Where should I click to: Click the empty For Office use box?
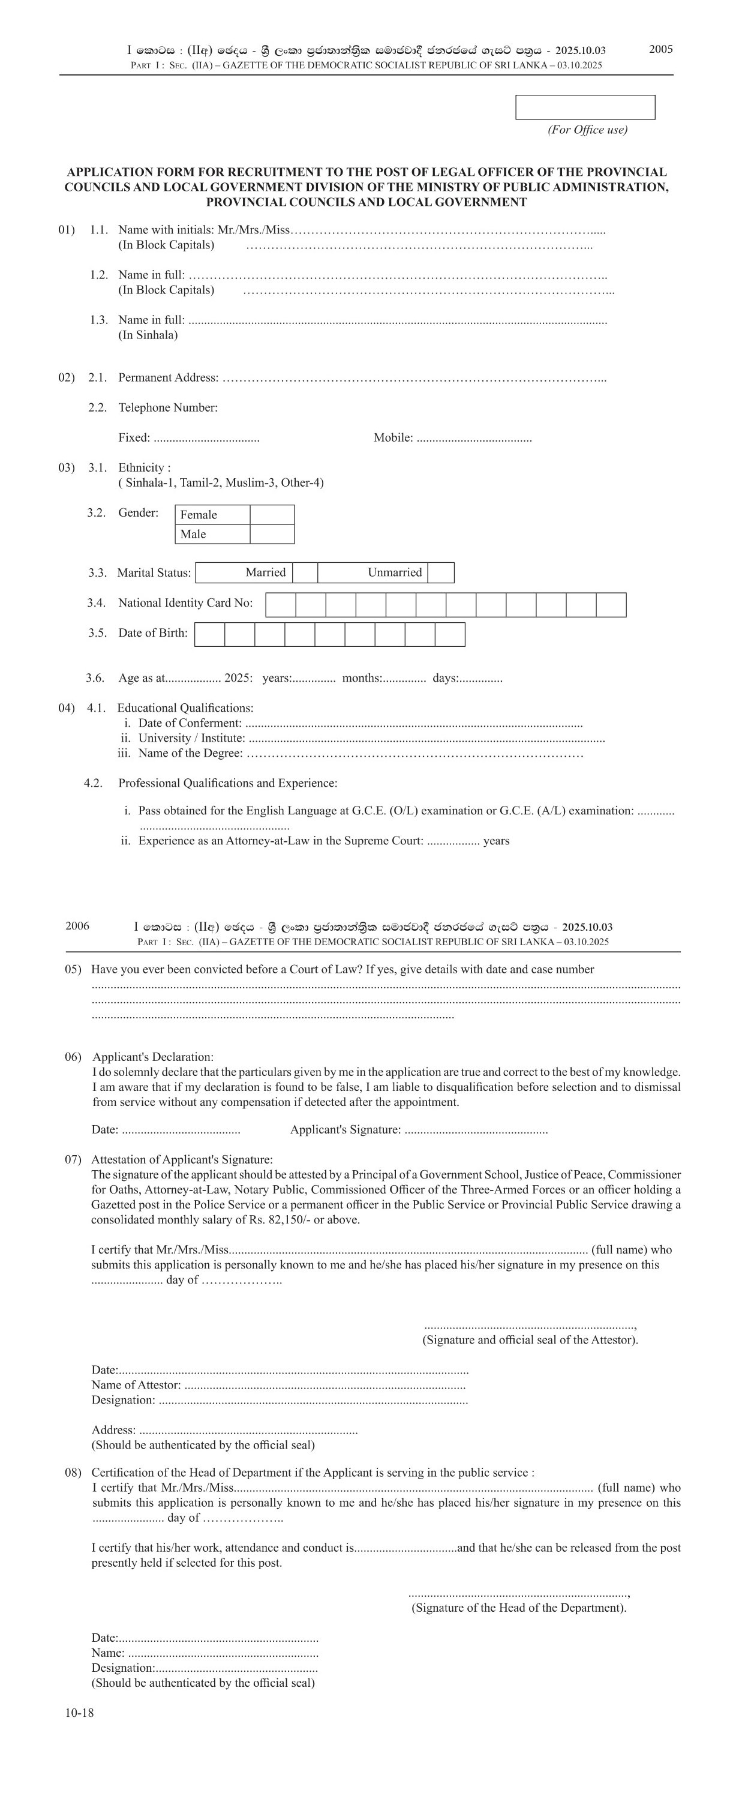coord(585,107)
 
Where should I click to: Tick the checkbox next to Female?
coord(272,514)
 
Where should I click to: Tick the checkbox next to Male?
coord(272,534)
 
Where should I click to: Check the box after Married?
coord(305,572)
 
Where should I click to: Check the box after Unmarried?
coord(441,572)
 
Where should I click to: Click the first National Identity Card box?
coord(281,605)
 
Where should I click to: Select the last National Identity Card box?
coord(611,605)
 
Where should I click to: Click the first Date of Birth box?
coord(209,634)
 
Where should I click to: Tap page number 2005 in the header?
coord(661,49)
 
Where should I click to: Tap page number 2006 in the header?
coord(77,926)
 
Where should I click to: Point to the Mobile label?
coord(393,438)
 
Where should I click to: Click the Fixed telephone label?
coord(134,438)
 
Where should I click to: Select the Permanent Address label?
coord(167,377)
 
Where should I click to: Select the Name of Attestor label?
coord(136,1384)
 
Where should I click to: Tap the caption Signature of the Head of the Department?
coord(519,1607)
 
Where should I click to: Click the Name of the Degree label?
coord(191,753)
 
